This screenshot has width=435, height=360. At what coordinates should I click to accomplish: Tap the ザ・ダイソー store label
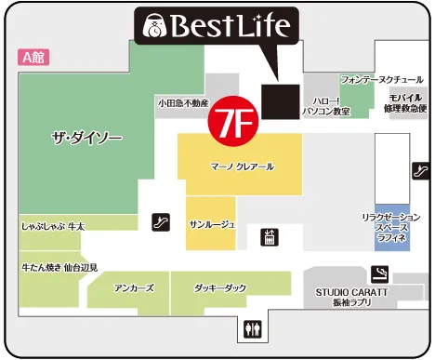tap(86, 138)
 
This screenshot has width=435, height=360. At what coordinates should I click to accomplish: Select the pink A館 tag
tap(33, 57)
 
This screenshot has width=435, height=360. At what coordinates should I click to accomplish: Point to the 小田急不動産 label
tap(183, 103)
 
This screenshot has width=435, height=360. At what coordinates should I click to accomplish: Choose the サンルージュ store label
tap(211, 224)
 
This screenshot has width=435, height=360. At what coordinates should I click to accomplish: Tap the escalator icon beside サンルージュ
tap(162, 222)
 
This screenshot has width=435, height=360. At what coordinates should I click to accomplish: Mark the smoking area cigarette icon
tap(379, 273)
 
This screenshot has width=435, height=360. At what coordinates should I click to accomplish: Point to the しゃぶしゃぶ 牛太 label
tap(53, 226)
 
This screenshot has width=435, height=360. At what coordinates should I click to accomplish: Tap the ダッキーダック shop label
tap(221, 287)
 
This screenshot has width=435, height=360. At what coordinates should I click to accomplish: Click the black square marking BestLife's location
tap(279, 100)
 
